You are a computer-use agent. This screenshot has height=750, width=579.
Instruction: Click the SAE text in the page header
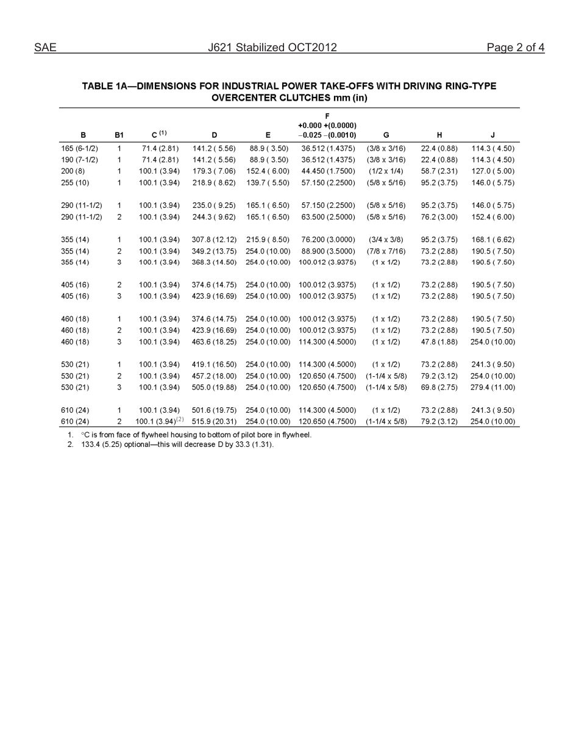(x=45, y=48)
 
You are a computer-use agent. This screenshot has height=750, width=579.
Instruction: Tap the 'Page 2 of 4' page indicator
(x=515, y=48)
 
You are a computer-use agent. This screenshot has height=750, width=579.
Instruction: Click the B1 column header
(x=119, y=135)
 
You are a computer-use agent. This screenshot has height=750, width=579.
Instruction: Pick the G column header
(x=386, y=135)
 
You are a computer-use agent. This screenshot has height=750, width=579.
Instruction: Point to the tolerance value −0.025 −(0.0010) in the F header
(x=327, y=135)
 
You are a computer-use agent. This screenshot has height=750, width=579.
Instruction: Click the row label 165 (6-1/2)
(x=79, y=148)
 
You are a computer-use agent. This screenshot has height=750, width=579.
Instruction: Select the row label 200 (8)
(x=73, y=171)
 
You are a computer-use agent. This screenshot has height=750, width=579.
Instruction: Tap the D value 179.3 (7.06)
(x=214, y=171)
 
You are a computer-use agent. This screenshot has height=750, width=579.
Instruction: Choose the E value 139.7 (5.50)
(x=268, y=183)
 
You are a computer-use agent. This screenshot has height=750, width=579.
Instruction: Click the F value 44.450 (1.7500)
(x=327, y=171)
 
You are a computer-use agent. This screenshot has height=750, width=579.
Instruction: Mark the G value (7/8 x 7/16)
(x=386, y=251)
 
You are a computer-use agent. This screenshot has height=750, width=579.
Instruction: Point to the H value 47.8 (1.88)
(x=439, y=342)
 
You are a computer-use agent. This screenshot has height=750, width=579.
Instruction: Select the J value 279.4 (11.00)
(x=492, y=387)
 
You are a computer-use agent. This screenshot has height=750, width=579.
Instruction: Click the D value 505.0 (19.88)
(x=214, y=387)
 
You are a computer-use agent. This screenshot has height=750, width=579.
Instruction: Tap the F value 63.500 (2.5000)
(x=327, y=217)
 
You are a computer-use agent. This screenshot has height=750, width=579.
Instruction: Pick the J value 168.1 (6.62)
(x=492, y=240)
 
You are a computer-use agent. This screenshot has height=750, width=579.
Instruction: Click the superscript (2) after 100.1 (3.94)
(x=180, y=420)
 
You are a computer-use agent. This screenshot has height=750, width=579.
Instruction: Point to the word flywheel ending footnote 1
(x=296, y=435)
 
